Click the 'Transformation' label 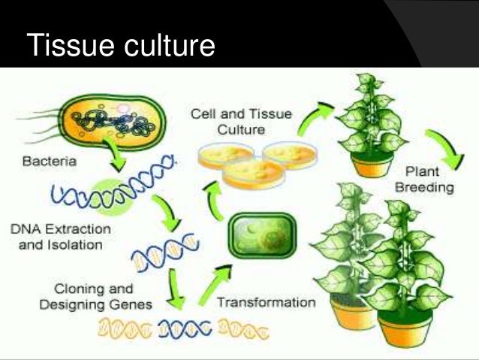(266, 304)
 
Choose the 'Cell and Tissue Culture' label (240, 122)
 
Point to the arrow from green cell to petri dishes (215, 199)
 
